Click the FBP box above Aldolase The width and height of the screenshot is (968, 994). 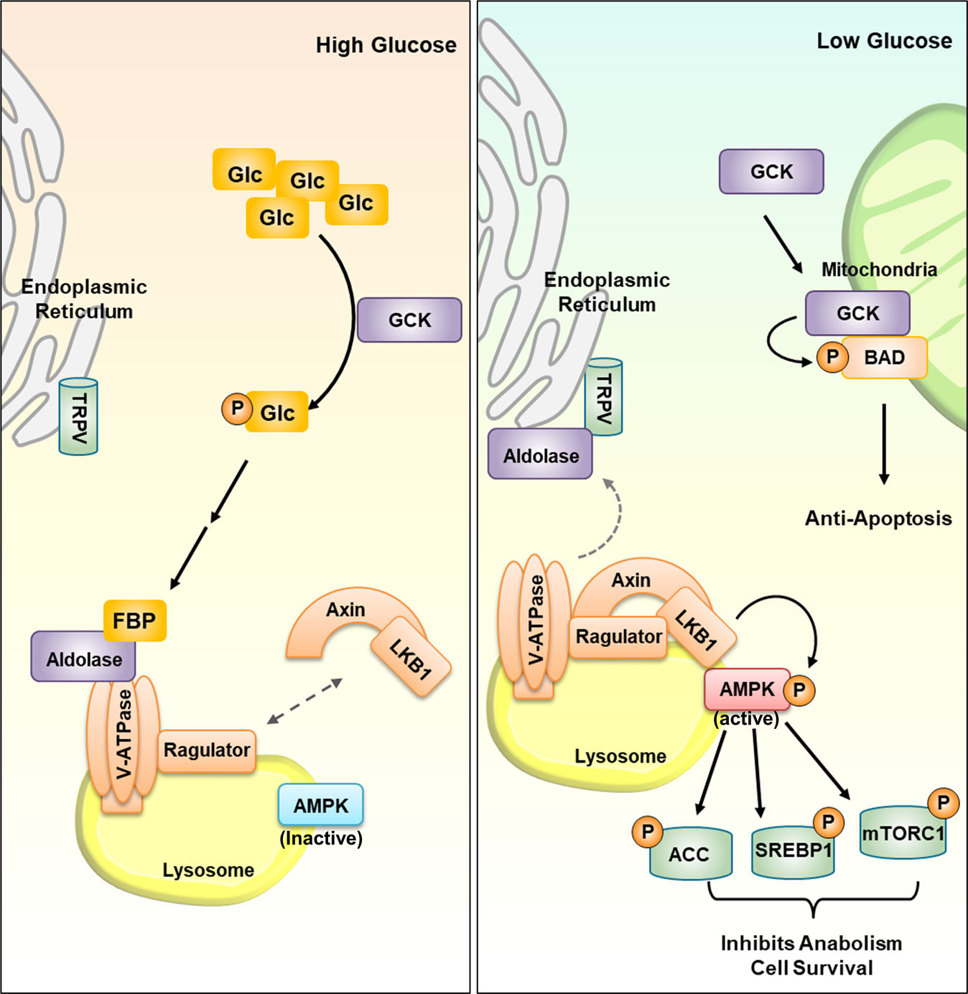(x=135, y=621)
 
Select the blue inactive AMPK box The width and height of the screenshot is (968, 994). (x=321, y=805)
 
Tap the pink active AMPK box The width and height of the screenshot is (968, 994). (x=748, y=689)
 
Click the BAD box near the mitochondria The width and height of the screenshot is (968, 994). (x=884, y=358)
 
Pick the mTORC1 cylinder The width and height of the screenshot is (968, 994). (x=903, y=832)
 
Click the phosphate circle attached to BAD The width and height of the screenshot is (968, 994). (x=832, y=356)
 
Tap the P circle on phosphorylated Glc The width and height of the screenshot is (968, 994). (x=237, y=408)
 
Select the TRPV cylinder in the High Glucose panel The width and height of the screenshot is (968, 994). (x=78, y=417)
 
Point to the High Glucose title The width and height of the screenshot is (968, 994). (x=386, y=45)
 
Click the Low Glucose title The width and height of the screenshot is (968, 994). (x=884, y=41)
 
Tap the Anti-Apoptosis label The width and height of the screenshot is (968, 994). (x=879, y=519)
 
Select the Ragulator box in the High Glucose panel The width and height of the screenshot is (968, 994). (x=207, y=751)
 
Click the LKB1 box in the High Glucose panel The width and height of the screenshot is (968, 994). (x=411, y=656)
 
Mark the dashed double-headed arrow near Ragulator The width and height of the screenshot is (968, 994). (x=305, y=701)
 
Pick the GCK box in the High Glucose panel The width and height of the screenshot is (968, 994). (x=409, y=320)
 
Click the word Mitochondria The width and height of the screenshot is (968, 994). (x=879, y=270)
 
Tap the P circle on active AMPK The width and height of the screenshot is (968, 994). (x=799, y=689)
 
